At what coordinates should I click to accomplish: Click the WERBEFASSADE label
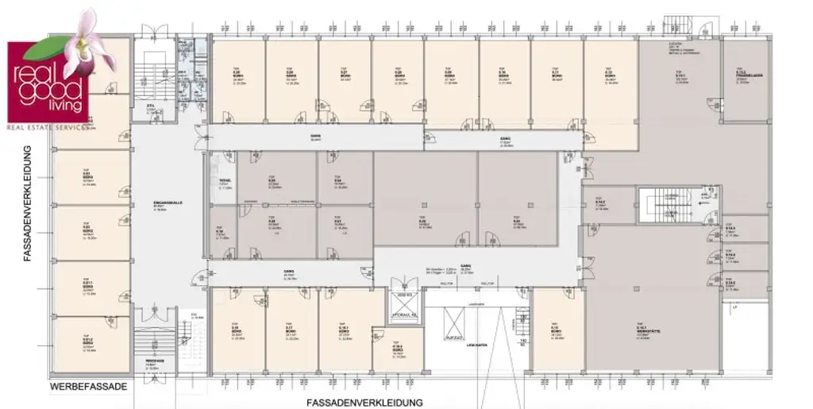pyautogui.click(x=88, y=387)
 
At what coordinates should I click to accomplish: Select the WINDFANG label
pyautogui.click(x=156, y=362)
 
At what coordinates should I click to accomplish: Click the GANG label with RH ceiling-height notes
pyautogui.click(x=466, y=269)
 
